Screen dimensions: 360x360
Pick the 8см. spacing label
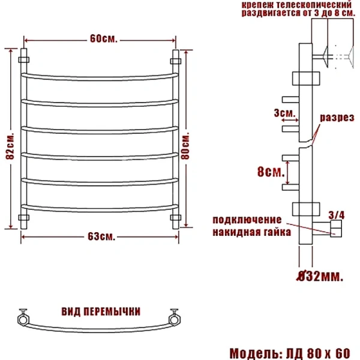pyautogui.click(x=270, y=173)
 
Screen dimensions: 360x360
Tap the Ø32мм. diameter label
pyautogui.click(x=320, y=276)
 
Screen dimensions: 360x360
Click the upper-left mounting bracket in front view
pyautogui.click(x=25, y=59)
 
